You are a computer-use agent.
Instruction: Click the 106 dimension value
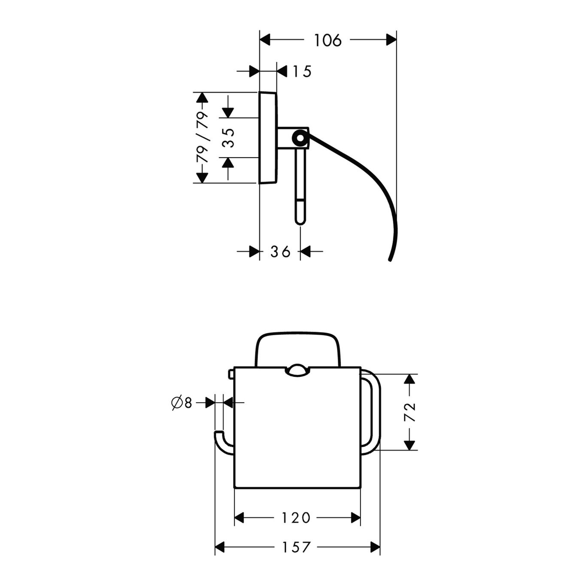(x=328, y=40)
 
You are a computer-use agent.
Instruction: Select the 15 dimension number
(x=302, y=71)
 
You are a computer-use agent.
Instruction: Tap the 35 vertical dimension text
(x=230, y=138)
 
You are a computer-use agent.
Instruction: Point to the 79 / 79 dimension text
(x=202, y=137)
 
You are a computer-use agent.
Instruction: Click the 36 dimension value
(x=280, y=252)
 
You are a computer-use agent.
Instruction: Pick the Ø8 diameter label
(x=182, y=403)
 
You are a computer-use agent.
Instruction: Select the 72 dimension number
(x=411, y=412)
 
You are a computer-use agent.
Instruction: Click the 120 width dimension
(x=296, y=518)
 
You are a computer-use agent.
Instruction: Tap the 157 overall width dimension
(x=296, y=548)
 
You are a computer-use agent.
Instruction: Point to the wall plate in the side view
(x=268, y=138)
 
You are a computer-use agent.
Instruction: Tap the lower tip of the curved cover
(x=390, y=259)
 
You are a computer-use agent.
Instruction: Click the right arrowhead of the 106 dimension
(x=391, y=40)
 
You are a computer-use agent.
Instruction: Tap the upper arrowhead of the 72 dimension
(x=411, y=379)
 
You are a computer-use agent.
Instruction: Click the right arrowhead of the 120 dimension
(x=356, y=518)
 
